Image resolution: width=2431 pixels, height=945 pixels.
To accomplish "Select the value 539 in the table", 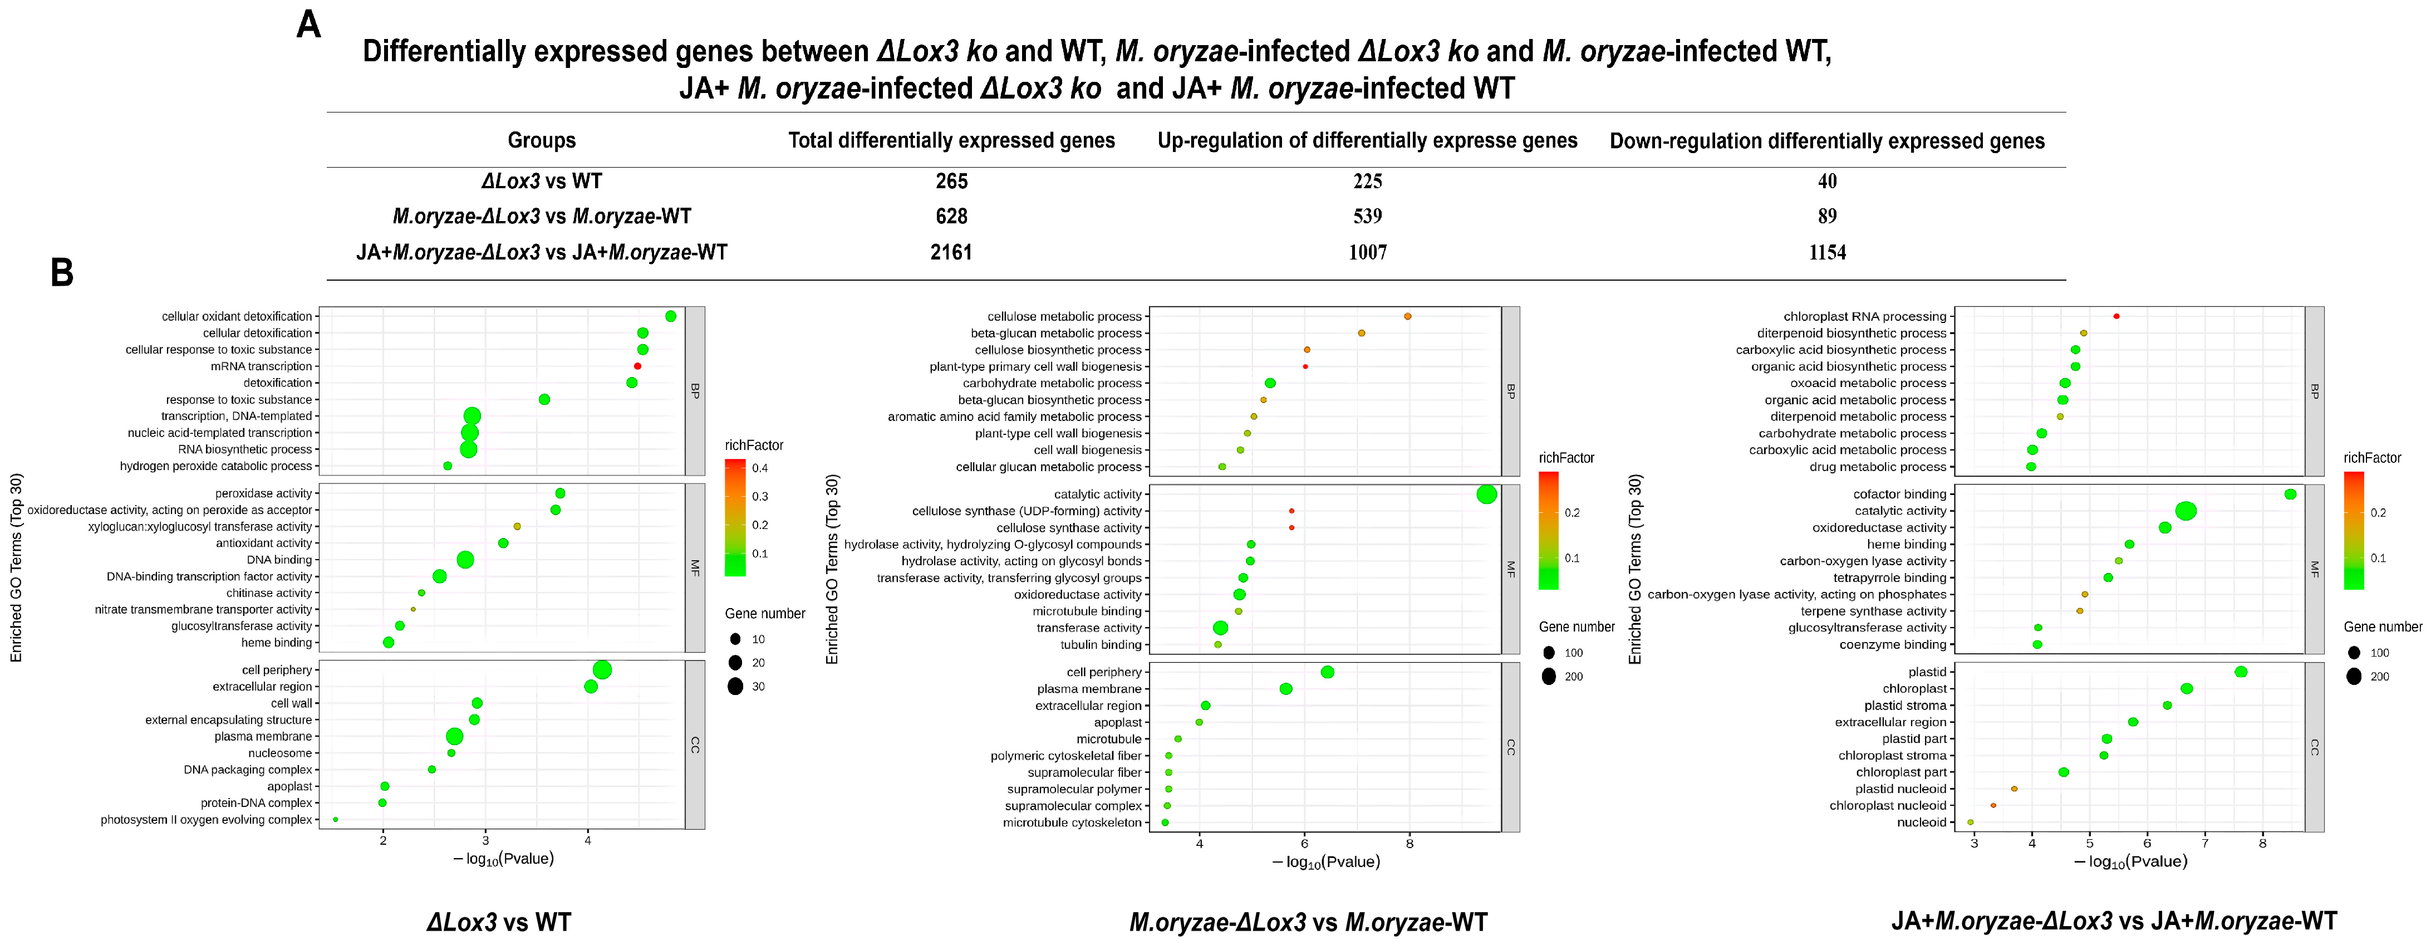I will [x=1367, y=216].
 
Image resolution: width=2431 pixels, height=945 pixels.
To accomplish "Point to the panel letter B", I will [x=62, y=273].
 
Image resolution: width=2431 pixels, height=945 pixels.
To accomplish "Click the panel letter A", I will [x=308, y=25].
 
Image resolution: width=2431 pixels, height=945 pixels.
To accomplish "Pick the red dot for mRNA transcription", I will [x=638, y=366].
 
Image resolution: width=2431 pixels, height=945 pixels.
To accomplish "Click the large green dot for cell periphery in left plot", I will [x=602, y=670].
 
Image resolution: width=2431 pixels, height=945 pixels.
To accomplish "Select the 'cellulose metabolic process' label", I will [x=1064, y=316].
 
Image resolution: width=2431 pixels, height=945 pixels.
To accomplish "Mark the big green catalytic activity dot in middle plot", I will [x=1486, y=494].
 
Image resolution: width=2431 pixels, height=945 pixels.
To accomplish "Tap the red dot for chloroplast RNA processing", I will [x=2116, y=316].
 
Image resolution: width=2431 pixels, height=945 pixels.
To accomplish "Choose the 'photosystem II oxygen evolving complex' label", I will [x=206, y=820].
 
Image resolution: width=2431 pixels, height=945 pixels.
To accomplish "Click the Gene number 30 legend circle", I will [x=735, y=686].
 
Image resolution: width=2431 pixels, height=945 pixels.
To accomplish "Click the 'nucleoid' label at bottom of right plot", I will [x=1922, y=822].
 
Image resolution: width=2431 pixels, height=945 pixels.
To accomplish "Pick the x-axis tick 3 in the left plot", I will [x=485, y=840].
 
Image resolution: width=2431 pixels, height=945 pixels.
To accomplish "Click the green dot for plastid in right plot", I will [x=2241, y=672].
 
